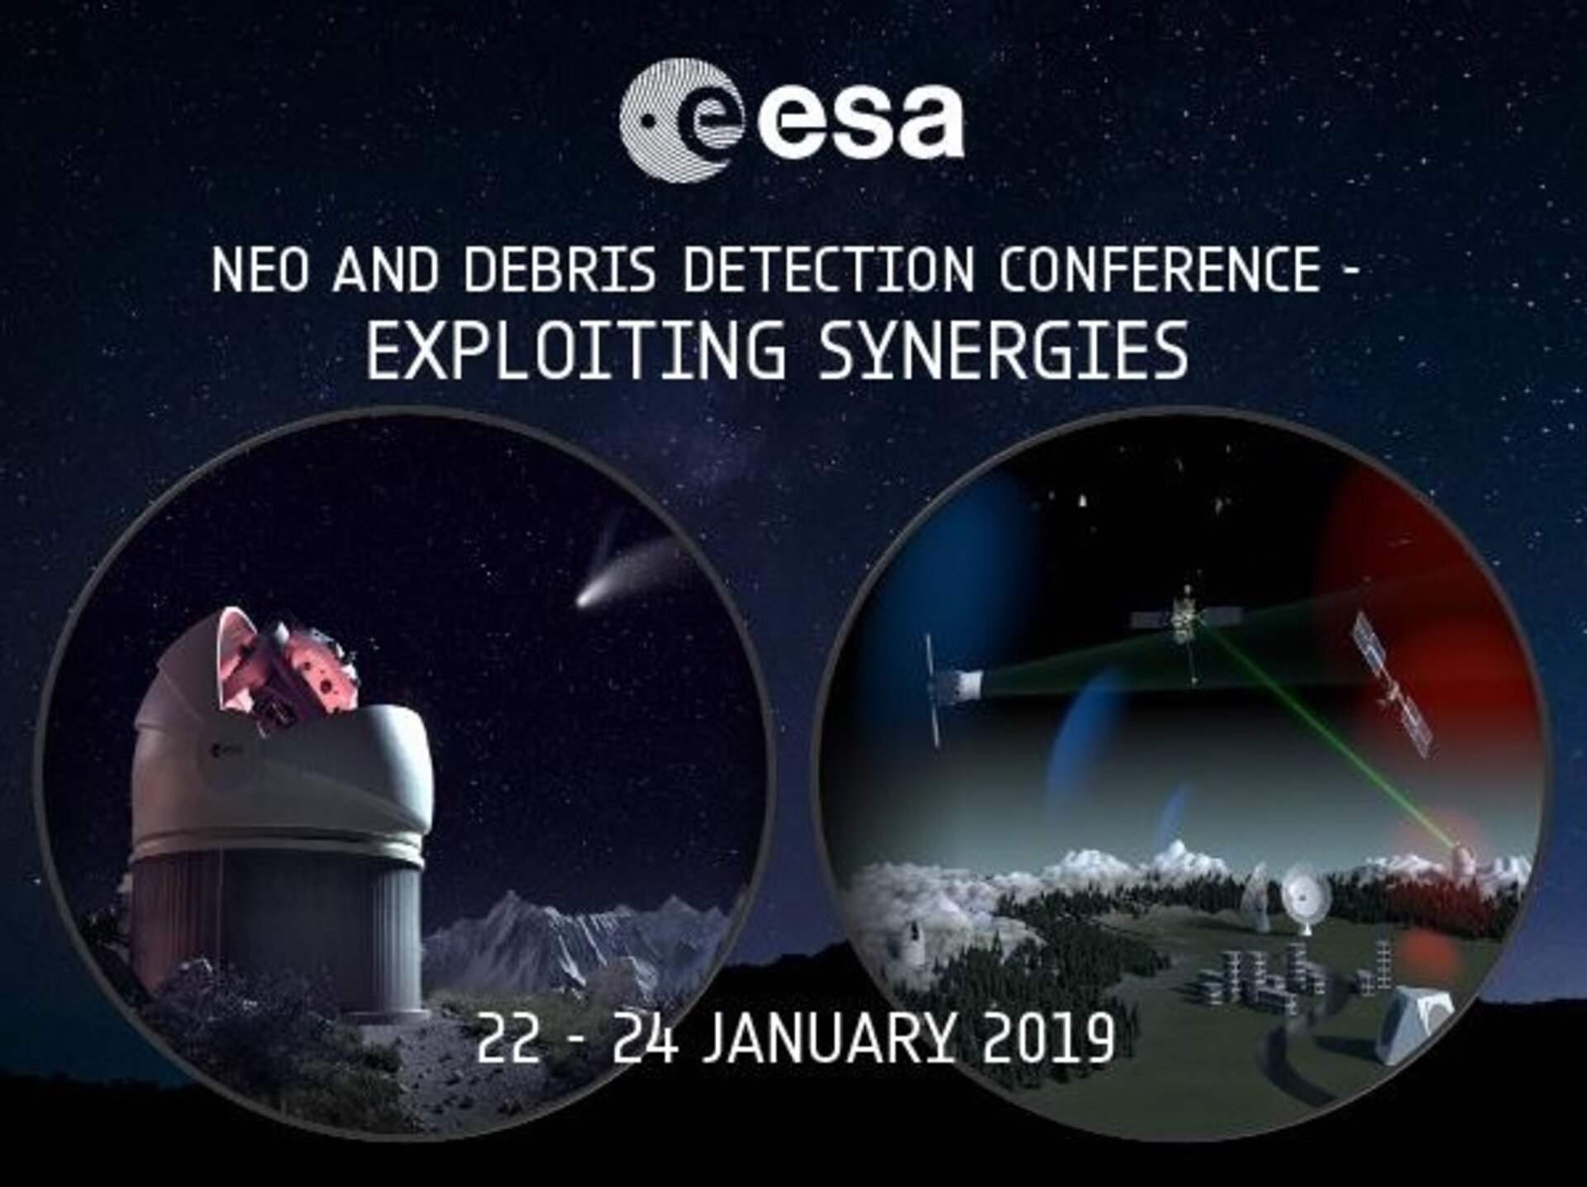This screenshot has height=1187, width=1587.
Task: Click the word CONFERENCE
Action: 1160,270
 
